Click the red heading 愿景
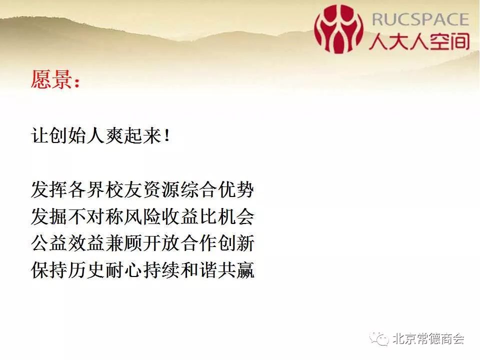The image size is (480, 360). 51,79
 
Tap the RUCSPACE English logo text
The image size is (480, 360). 420,19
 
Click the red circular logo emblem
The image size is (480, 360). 339,29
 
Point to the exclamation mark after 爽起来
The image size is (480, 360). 167,135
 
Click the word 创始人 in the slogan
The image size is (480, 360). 77,135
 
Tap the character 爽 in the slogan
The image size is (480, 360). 114,135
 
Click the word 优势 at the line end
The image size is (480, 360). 235,189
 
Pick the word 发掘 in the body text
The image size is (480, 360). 49,216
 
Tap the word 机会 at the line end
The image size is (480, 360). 235,216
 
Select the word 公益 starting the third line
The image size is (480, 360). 49,243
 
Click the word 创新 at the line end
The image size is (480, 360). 235,243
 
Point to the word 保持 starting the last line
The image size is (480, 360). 49,270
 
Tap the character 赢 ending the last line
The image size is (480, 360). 245,270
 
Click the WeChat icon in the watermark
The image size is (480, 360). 379,338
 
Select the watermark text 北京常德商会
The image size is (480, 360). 428,338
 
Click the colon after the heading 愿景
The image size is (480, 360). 76,81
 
